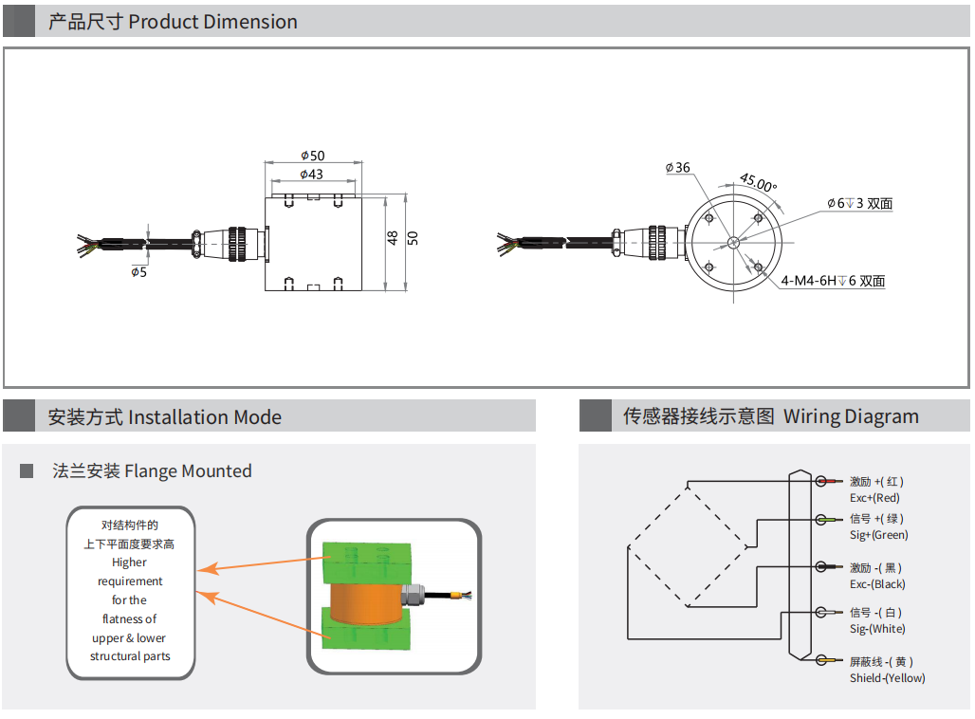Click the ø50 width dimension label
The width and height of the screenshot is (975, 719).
(312, 156)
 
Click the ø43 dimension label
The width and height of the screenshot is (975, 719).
(311, 175)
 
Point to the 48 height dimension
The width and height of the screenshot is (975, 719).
(393, 238)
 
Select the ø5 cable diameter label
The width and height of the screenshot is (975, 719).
(138, 271)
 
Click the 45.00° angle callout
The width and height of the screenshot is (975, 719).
(758, 182)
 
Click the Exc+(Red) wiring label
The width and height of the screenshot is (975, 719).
(874, 498)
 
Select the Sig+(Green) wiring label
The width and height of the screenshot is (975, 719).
(878, 535)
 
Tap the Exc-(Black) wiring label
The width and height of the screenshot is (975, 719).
(877, 584)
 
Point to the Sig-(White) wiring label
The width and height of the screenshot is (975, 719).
(877, 629)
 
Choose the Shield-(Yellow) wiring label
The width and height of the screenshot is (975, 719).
(887, 677)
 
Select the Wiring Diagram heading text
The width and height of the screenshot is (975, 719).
(851, 416)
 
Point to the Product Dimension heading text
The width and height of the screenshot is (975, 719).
(212, 22)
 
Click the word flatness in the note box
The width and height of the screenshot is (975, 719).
(130, 619)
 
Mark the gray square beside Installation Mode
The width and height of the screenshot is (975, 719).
(20, 416)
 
